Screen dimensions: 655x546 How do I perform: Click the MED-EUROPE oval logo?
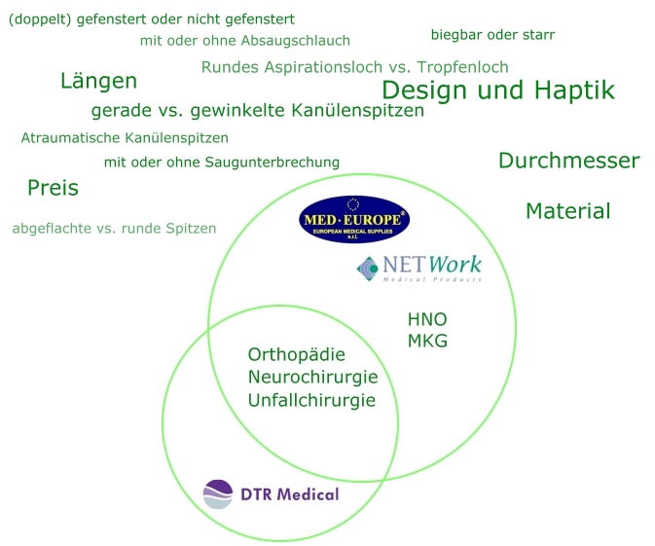point(354,219)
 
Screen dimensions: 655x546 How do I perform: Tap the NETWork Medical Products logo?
point(418,269)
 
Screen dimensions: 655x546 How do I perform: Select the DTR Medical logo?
point(271,494)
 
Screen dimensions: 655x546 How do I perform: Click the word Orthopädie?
point(297,355)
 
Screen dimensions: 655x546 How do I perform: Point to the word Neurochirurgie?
point(312,378)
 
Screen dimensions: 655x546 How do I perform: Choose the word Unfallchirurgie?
point(311,400)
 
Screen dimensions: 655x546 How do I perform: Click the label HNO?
point(427,319)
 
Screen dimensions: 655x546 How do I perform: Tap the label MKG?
point(427,341)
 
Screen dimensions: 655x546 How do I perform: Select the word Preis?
point(54,188)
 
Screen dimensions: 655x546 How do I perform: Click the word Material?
point(568,211)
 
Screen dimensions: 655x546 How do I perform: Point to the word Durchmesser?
point(569,161)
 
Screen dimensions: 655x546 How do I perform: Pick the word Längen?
point(98,81)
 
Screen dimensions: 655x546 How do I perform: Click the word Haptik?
point(574,91)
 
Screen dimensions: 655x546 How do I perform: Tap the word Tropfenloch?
point(462,67)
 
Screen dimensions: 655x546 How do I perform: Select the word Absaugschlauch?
point(295,41)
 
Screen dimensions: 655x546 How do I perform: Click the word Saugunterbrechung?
point(272,163)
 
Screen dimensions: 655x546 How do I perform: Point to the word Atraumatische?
point(65,138)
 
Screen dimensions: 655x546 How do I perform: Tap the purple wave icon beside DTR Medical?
point(218,494)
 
